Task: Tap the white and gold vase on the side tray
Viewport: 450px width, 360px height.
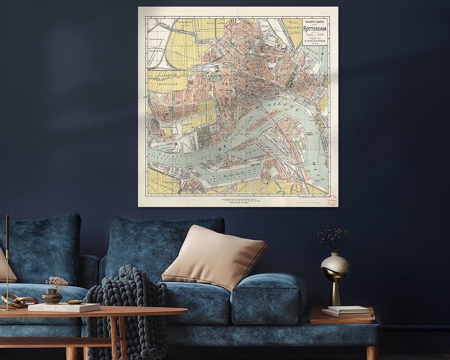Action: (335, 264)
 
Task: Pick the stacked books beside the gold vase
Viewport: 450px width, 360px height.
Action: (348, 311)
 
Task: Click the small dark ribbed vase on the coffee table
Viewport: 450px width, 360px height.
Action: (52, 296)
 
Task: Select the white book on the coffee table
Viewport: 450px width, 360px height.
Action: (63, 307)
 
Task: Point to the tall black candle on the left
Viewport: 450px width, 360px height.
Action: (7, 258)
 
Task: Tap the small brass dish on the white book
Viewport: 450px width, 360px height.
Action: (75, 302)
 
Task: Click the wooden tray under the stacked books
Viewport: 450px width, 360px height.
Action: (342, 318)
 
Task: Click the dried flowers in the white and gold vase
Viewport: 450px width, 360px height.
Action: (334, 235)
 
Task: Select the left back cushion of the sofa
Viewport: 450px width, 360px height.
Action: (42, 249)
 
